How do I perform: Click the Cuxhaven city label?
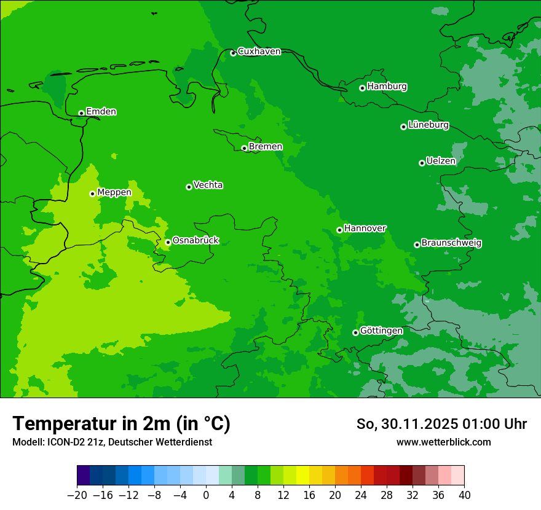click(259, 52)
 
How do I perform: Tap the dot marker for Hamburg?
click(362, 88)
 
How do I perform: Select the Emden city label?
click(101, 112)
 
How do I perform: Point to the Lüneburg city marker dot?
click(403, 127)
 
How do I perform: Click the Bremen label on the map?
click(266, 147)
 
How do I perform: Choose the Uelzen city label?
click(441, 162)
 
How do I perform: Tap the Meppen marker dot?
click(92, 194)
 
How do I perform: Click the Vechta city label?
click(208, 186)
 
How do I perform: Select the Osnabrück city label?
click(195, 241)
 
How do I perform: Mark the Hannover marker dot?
click(339, 230)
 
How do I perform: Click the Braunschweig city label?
click(451, 243)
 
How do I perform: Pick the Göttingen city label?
click(381, 331)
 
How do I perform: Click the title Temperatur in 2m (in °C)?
click(121, 423)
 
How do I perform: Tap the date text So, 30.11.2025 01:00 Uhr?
click(441, 424)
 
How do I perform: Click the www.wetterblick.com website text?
click(443, 442)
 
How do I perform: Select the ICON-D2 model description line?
click(112, 442)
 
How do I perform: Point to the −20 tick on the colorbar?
click(77, 495)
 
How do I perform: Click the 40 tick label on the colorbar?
click(464, 495)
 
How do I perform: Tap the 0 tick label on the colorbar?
click(206, 495)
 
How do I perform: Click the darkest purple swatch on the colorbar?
click(83, 476)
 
